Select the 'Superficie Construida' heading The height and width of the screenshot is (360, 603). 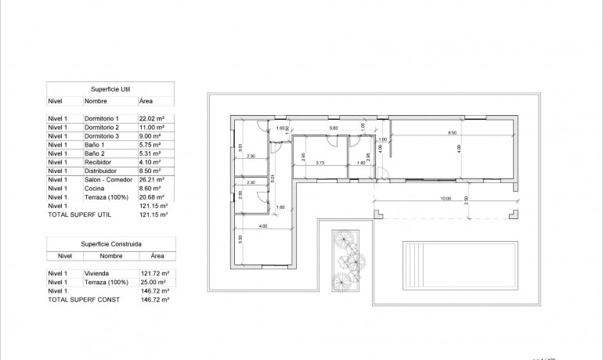110,243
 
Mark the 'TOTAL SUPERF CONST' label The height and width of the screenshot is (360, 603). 79,299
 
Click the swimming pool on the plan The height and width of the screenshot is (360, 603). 442,265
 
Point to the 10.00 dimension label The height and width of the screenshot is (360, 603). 446,199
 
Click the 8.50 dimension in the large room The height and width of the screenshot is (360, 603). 452,133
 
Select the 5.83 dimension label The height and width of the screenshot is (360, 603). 333,128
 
